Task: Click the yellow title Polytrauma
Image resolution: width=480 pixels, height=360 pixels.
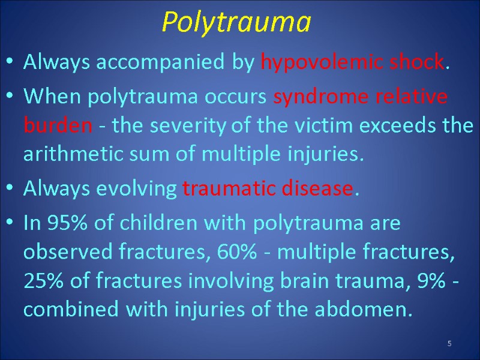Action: coord(237,23)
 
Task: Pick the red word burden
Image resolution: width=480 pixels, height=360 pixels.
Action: coord(58,126)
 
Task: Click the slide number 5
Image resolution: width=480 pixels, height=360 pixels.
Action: coord(449,343)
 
